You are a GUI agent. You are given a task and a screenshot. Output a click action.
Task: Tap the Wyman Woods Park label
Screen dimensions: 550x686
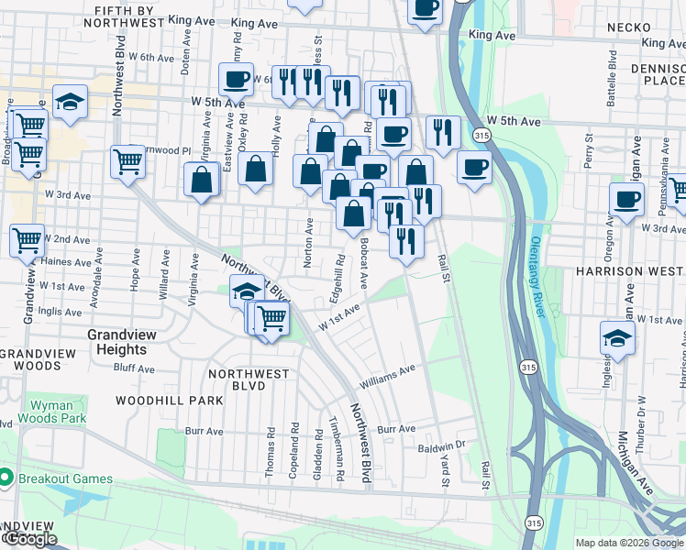click(x=58, y=412)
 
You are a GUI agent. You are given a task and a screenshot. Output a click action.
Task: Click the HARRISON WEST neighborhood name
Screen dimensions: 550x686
click(x=630, y=271)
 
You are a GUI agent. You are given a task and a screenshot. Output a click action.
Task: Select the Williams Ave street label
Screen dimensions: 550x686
click(x=388, y=375)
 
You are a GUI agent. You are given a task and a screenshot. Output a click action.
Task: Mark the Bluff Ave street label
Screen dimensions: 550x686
click(x=134, y=368)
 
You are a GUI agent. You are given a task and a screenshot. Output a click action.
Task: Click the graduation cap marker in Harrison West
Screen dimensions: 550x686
click(x=617, y=336)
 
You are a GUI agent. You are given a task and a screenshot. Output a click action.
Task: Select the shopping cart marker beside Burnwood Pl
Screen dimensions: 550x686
click(x=127, y=161)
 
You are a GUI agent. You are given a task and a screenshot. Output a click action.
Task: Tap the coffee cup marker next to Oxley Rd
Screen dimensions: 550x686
click(x=236, y=78)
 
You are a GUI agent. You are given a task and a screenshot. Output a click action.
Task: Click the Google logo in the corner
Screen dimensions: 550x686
click(x=29, y=539)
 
